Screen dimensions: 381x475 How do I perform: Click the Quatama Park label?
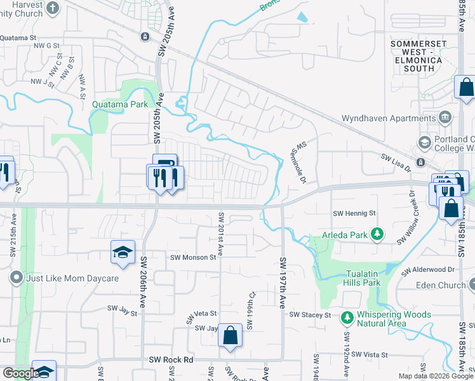[x=120, y=104]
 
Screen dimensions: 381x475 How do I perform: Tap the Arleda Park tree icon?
[x=377, y=234]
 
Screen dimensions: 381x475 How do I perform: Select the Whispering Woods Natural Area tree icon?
[x=347, y=317]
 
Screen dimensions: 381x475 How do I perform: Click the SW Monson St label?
[x=193, y=257]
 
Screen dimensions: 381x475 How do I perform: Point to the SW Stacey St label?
[x=310, y=314]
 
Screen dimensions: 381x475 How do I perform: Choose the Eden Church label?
[x=441, y=285]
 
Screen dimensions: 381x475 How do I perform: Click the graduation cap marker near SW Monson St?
[x=123, y=253]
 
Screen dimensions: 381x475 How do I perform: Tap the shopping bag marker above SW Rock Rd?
[x=230, y=335]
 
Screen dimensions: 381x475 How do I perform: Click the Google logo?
[x=21, y=374]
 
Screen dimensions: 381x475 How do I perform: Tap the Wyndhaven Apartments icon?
[x=445, y=117]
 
